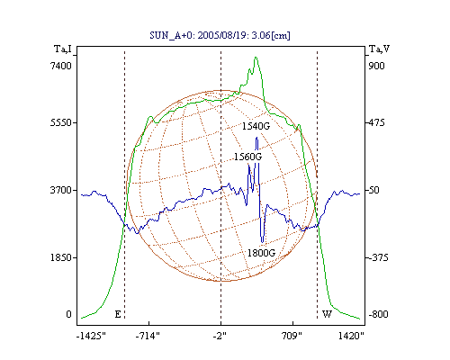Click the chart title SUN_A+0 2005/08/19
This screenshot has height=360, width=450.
[x=220, y=35]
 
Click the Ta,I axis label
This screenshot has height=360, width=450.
[x=63, y=49]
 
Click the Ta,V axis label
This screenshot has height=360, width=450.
[x=379, y=49]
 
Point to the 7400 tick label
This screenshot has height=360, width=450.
[x=61, y=66]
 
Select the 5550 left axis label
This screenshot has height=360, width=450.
[x=61, y=122]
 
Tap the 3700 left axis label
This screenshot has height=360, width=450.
[x=61, y=190]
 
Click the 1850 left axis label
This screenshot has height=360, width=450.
[x=61, y=257]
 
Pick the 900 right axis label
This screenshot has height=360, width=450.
[x=376, y=66]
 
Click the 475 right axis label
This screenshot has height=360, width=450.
[x=376, y=122]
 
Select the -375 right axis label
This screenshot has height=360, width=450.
[x=378, y=257]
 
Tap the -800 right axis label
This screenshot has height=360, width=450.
[x=378, y=314]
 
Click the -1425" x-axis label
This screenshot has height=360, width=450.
[x=92, y=336]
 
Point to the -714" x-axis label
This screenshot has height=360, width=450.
[x=148, y=336]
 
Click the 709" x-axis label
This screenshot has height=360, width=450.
[x=292, y=336]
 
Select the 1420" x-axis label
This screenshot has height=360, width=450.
[x=351, y=336]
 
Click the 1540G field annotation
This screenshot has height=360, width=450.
[x=256, y=126]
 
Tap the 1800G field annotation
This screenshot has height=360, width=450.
[x=261, y=253]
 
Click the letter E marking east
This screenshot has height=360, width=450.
[x=118, y=314]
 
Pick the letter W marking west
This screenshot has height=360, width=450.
[x=327, y=314]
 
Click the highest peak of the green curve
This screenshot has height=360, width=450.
[x=256, y=57]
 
